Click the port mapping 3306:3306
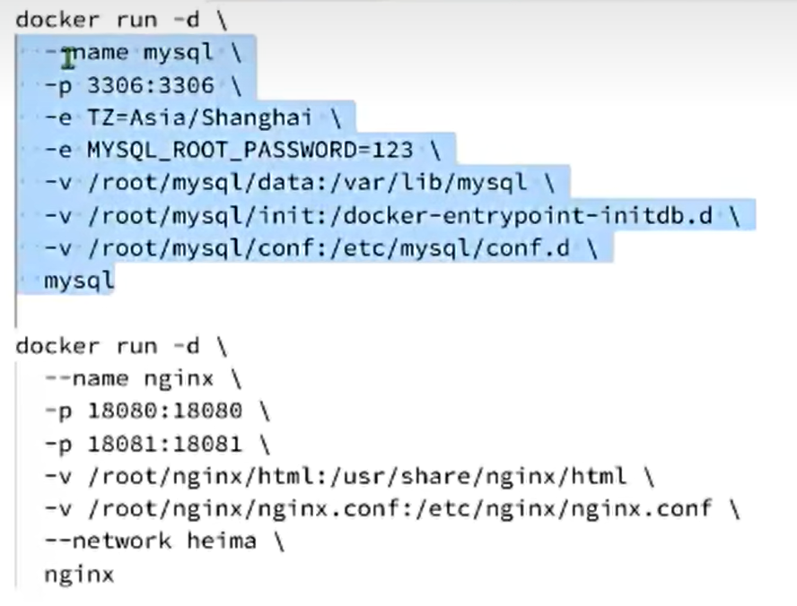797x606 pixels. (151, 85)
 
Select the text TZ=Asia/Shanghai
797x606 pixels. (200, 117)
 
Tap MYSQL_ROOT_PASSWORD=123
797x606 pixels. (250, 151)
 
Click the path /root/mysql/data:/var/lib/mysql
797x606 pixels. (307, 183)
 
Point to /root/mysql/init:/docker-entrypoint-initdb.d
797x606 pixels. (400, 216)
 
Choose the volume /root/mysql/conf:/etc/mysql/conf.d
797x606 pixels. (328, 248)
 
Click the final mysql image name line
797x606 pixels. (79, 281)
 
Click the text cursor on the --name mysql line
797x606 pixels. (68, 58)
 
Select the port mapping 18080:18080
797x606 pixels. (165, 411)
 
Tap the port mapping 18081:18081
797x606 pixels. (165, 444)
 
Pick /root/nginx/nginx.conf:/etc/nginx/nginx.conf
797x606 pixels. (399, 509)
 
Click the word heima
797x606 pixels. (222, 541)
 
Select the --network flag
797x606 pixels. (109, 541)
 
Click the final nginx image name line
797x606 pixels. (79, 575)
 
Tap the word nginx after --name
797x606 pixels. (179, 379)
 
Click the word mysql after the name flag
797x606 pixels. (179, 53)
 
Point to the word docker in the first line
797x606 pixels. (57, 20)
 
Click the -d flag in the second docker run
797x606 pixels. (186, 346)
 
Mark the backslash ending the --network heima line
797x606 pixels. (278, 541)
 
